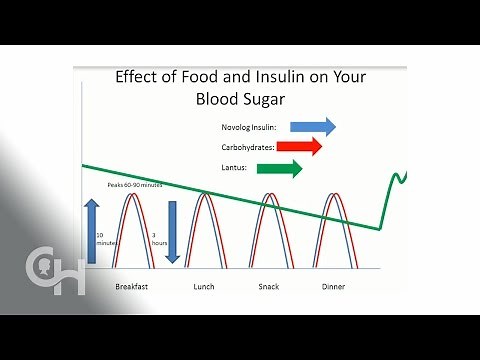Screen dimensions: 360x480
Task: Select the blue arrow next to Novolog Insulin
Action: [313, 126]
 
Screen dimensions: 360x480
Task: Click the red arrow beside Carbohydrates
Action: [300, 147]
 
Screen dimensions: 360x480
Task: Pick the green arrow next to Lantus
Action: [280, 168]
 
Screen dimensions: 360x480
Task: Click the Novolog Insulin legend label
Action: [251, 127]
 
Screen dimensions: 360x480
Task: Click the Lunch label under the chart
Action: [204, 286]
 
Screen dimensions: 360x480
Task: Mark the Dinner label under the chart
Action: [334, 286]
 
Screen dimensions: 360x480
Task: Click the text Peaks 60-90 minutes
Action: [135, 186]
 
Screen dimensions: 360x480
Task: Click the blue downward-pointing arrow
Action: [172, 231]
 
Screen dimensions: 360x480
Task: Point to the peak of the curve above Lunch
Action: [204, 194]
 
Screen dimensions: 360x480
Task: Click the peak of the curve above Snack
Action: [270, 194]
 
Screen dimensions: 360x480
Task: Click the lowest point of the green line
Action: [379, 227]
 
